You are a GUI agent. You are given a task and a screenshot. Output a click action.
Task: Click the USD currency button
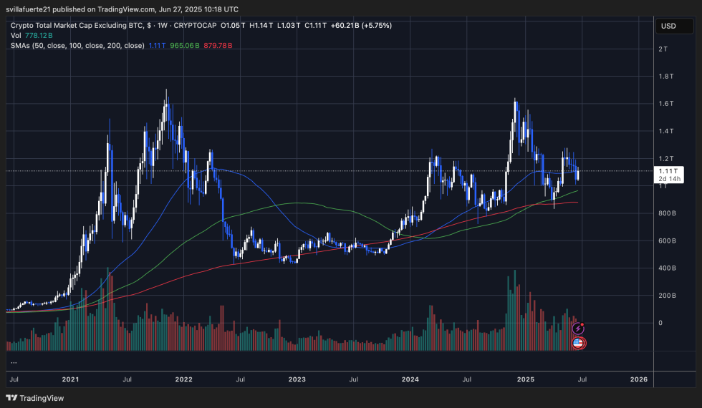tap(668, 26)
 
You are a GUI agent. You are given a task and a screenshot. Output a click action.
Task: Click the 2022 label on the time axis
tap(184, 379)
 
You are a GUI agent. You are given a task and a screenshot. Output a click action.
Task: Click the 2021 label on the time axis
tap(70, 379)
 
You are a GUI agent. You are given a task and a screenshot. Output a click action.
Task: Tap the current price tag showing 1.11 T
tap(668, 171)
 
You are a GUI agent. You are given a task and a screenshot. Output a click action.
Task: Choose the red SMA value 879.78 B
tap(218, 45)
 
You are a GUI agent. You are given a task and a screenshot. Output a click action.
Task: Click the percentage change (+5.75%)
tap(375, 25)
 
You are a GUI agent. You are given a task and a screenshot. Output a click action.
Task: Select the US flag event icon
tap(578, 344)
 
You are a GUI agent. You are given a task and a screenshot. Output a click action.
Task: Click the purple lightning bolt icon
tap(578, 328)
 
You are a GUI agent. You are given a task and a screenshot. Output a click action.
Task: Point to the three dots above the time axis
tap(14, 361)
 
